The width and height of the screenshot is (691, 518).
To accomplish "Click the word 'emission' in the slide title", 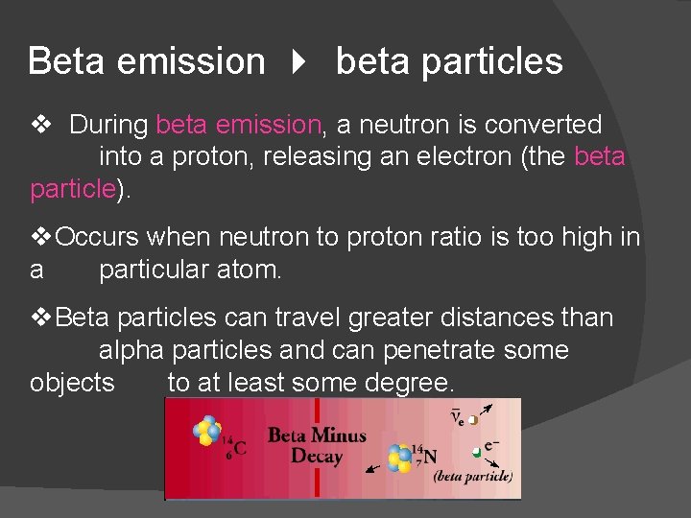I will [x=189, y=61].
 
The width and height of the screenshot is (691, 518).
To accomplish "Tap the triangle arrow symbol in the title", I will [x=299, y=62].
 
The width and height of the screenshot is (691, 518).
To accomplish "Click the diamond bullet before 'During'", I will [x=39, y=125].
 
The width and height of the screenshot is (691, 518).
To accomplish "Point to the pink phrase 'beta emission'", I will [x=238, y=125].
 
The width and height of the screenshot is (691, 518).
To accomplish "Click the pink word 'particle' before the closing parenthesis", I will [x=73, y=189].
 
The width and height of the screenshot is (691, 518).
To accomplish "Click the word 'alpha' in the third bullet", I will [x=135, y=350].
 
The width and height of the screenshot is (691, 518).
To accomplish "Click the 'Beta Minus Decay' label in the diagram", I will [x=317, y=445].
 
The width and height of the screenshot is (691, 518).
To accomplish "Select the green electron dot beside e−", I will [x=475, y=452].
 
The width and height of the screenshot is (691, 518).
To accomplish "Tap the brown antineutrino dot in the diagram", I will [x=472, y=419].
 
